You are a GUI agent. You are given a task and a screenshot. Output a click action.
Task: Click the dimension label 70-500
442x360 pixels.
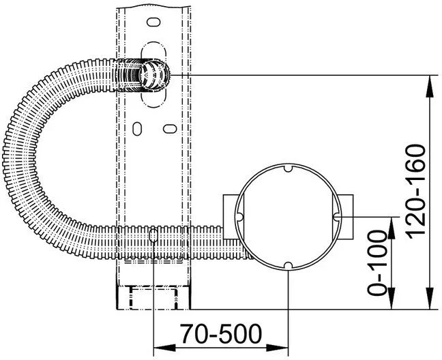[221, 333]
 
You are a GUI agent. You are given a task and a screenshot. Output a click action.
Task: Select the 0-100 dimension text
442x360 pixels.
[377, 262]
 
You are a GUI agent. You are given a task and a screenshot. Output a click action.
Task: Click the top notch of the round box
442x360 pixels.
[288, 168]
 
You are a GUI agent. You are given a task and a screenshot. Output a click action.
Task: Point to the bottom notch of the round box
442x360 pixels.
[288, 265]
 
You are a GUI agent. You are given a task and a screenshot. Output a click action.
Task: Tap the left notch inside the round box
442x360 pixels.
[239, 217]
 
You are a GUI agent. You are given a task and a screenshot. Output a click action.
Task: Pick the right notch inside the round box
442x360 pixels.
[336, 217]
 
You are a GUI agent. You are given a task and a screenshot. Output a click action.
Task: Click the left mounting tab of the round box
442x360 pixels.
[229, 217]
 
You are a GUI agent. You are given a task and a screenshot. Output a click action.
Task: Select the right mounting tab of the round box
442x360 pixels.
[346, 217]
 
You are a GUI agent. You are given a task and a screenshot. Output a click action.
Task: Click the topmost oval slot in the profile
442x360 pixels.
[153, 22]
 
